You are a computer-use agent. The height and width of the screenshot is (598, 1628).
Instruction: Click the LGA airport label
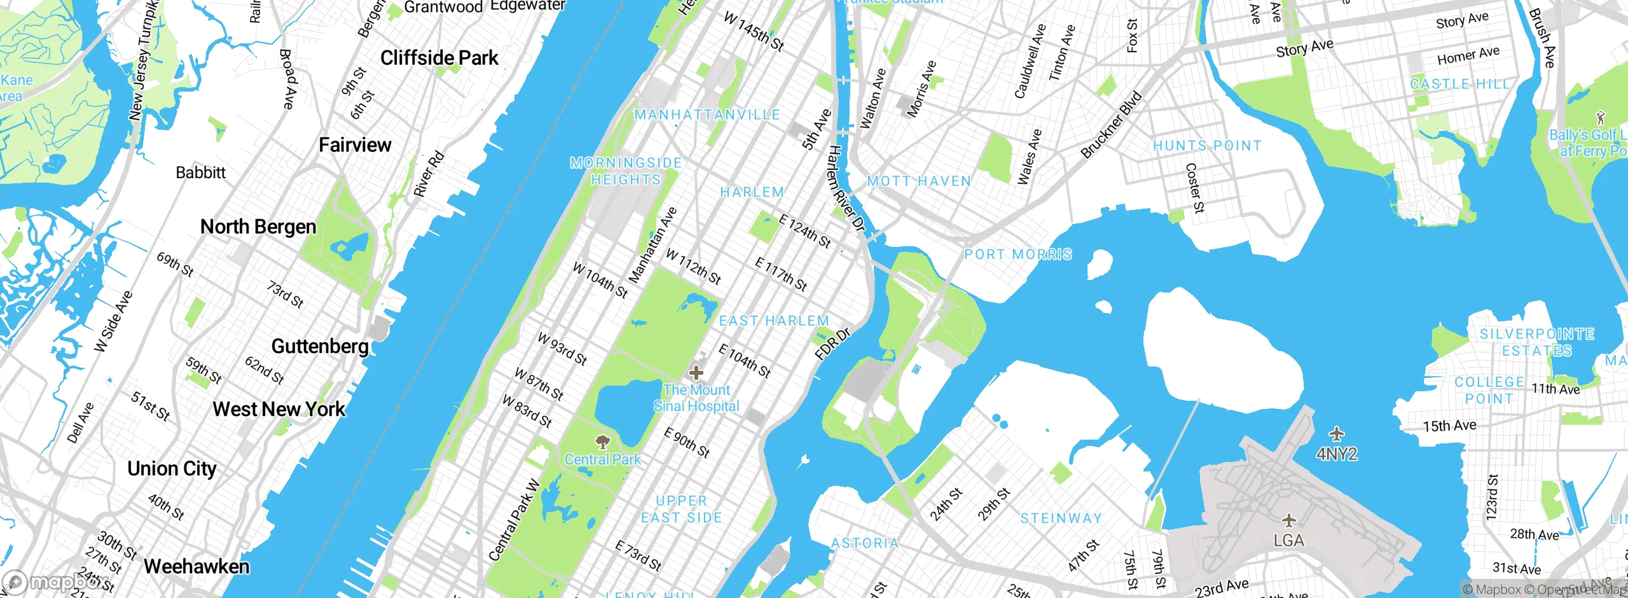point(1288,541)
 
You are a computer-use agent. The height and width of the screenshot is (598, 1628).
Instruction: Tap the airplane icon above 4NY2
point(1337,435)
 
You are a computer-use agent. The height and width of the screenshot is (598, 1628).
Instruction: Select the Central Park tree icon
point(602,441)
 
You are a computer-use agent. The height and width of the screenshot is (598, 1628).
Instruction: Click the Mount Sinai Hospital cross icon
point(696,372)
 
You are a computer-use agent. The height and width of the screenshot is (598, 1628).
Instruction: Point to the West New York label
point(279,409)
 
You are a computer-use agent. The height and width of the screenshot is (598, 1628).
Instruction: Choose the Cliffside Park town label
point(439,58)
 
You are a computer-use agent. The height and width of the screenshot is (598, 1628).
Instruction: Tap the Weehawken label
point(197,566)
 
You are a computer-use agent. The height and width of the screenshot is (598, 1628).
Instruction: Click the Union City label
point(172,469)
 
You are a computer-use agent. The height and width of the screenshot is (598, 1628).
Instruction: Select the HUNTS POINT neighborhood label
point(1207,146)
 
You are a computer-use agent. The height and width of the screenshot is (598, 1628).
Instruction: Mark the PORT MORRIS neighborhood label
point(1018,254)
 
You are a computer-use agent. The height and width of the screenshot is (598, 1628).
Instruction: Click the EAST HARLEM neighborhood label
point(774,321)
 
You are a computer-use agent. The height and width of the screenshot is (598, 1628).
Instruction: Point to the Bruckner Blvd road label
point(1111,125)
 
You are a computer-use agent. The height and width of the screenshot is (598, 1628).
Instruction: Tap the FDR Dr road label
point(832,344)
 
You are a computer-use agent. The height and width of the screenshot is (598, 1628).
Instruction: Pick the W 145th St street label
point(754,31)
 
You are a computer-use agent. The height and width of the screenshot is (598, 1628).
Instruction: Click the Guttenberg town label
point(320,346)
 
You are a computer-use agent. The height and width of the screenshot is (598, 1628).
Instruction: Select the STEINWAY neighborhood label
point(1061,518)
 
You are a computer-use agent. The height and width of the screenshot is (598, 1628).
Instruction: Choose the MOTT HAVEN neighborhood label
point(919,181)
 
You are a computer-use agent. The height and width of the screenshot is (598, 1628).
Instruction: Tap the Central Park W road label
point(514,521)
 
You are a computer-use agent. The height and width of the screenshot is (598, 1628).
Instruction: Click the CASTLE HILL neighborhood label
point(1459,84)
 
